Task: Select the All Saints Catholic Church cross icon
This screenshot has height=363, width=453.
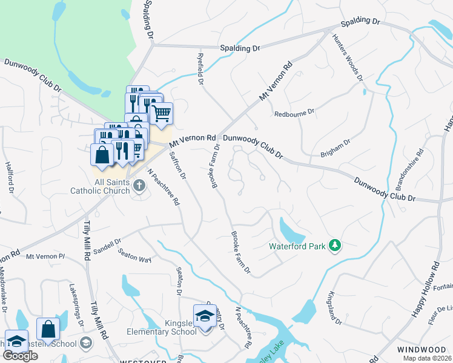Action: (139, 185)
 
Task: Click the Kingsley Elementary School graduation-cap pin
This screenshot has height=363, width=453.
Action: (205, 316)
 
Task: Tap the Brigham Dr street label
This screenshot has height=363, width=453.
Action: (337, 149)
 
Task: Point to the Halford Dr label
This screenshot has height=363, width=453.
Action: (10, 177)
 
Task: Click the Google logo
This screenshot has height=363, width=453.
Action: (20, 356)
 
